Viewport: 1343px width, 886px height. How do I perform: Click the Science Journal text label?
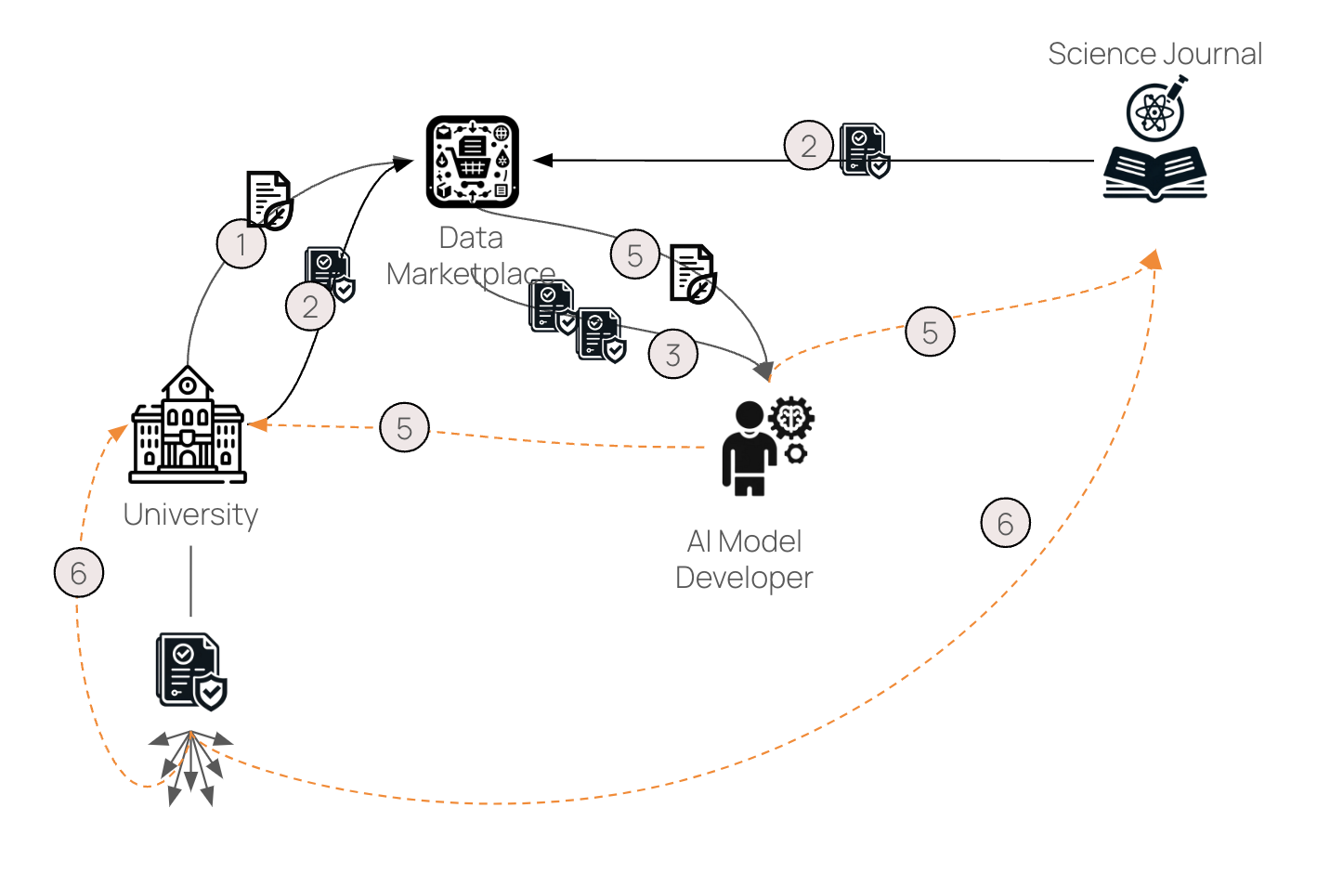tap(1154, 54)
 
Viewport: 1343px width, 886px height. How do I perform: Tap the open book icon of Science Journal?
tap(1154, 173)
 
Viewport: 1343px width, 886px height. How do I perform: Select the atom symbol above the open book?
tap(1154, 112)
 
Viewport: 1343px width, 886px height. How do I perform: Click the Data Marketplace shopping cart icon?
tap(472, 162)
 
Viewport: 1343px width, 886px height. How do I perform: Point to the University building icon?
tap(189, 426)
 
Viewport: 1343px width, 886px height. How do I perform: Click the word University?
tap(190, 515)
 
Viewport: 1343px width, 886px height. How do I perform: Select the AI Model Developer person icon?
tap(749, 448)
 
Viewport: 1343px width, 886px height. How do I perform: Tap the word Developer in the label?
tap(744, 578)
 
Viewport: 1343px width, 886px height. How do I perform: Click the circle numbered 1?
tap(241, 243)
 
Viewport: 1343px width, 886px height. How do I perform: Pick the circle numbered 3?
tap(673, 354)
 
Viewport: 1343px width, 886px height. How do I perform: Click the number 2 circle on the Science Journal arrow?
tap(809, 146)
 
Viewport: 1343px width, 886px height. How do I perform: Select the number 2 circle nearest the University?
tap(310, 306)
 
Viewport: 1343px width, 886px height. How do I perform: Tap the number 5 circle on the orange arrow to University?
tap(405, 427)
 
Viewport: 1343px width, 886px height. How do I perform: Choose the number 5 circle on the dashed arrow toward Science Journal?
tap(930, 332)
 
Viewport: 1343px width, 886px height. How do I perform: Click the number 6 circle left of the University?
tap(79, 573)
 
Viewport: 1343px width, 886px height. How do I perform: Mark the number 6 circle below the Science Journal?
tap(1005, 523)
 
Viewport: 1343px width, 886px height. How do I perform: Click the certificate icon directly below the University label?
tap(191, 671)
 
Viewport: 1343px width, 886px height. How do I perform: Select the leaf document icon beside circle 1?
tap(269, 200)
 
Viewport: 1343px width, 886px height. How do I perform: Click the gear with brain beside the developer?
tap(791, 419)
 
